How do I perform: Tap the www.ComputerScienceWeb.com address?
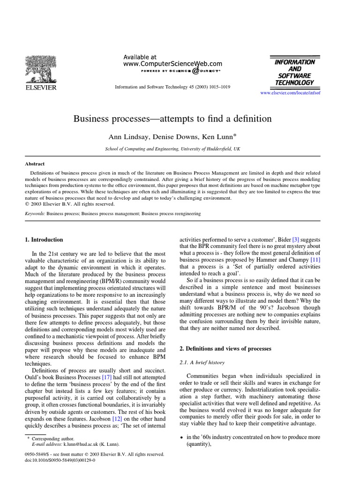pyautogui.click(x=172, y=64)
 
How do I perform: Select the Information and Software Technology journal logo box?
pyautogui.click(x=294, y=72)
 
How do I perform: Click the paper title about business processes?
pyautogui.click(x=172, y=119)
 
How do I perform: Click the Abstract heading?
pyautogui.click(x=35, y=164)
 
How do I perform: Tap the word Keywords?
pyautogui.click(x=35, y=213)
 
